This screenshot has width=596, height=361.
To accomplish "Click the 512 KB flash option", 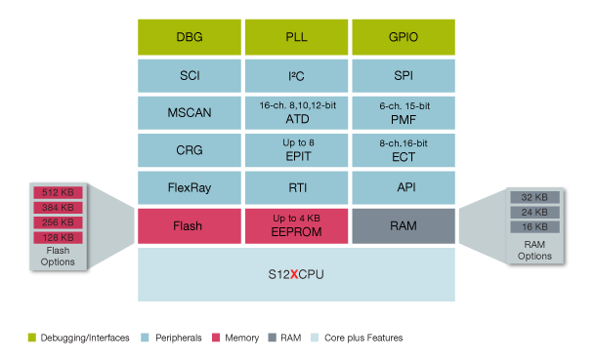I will click(x=60, y=192).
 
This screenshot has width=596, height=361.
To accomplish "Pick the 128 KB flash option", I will click(x=60, y=237).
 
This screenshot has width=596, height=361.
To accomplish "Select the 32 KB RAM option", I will click(x=534, y=197).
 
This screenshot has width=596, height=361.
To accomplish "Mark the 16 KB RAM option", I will click(x=534, y=226).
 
